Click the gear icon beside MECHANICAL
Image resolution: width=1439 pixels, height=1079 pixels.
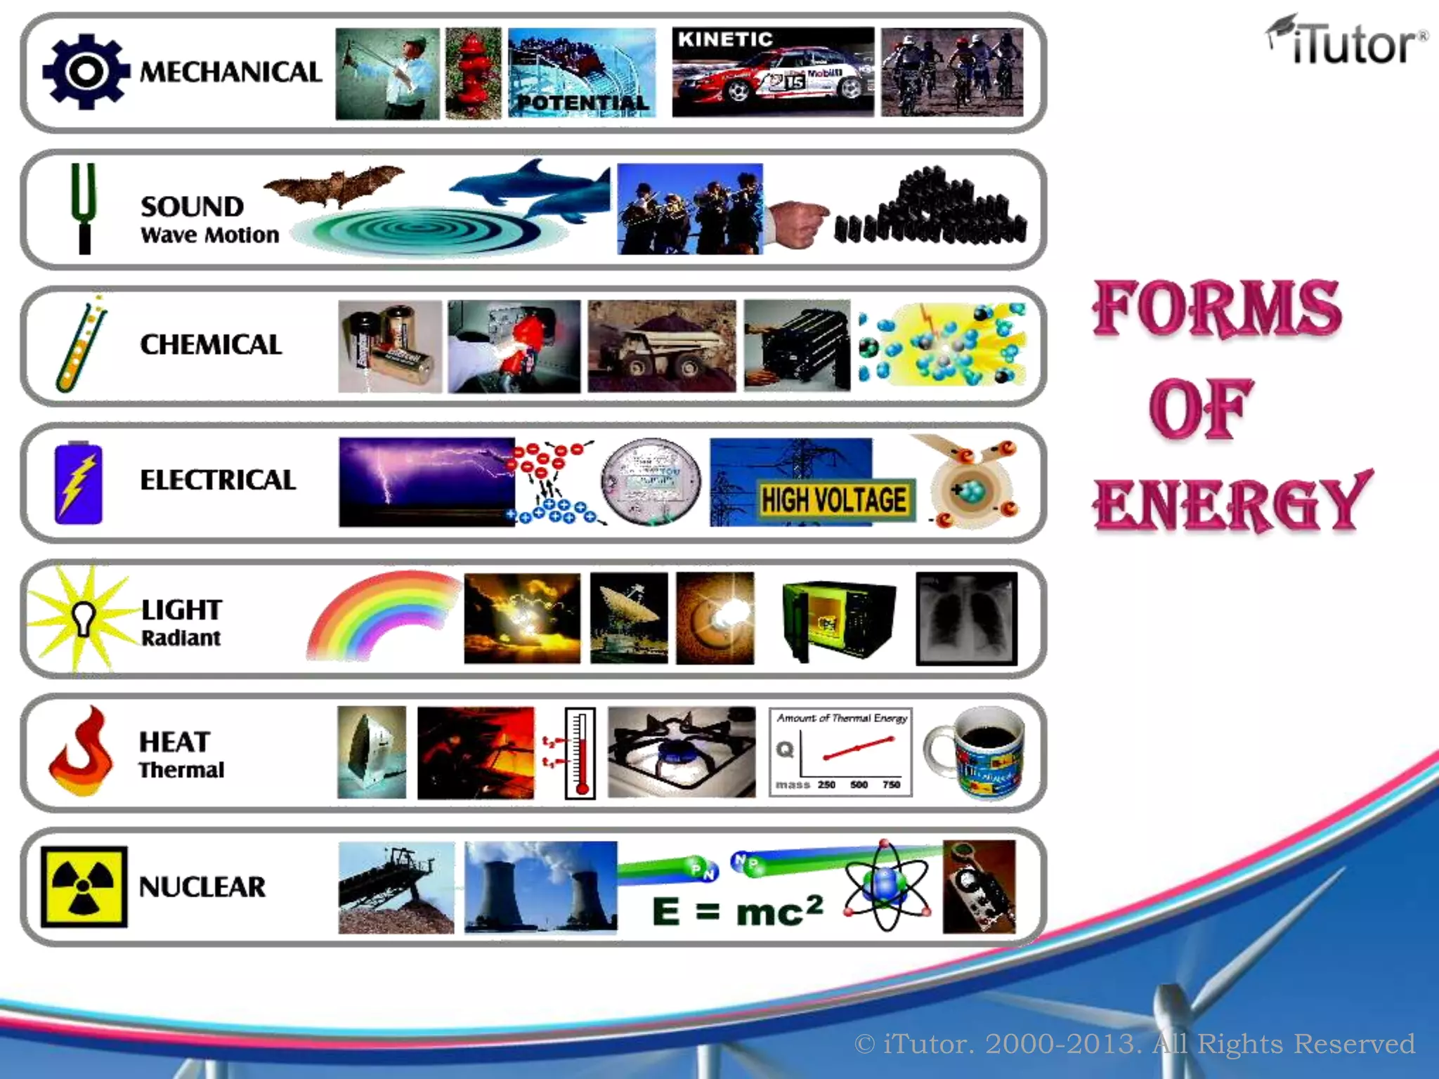pyautogui.click(x=86, y=72)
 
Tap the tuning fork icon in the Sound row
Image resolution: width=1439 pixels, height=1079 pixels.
pyautogui.click(x=84, y=208)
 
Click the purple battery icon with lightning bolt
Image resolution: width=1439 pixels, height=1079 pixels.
pyautogui.click(x=79, y=483)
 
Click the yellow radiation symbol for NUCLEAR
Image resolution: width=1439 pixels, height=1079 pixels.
pyautogui.click(x=84, y=887)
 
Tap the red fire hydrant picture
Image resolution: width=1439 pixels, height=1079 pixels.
pyautogui.click(x=473, y=73)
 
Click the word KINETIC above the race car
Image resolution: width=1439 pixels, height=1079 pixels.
pyautogui.click(x=725, y=40)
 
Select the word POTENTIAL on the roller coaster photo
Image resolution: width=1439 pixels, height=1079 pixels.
pyautogui.click(x=582, y=103)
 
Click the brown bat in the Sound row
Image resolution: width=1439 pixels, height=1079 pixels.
pyautogui.click(x=334, y=185)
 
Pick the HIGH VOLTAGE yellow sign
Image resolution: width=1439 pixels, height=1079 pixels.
pyautogui.click(x=834, y=500)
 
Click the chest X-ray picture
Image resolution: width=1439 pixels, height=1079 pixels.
pyautogui.click(x=966, y=618)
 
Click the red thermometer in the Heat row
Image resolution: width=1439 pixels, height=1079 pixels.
pyautogui.click(x=580, y=753)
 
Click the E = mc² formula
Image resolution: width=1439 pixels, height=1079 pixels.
pyautogui.click(x=737, y=912)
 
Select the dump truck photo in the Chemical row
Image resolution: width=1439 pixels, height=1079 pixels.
pyautogui.click(x=662, y=346)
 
